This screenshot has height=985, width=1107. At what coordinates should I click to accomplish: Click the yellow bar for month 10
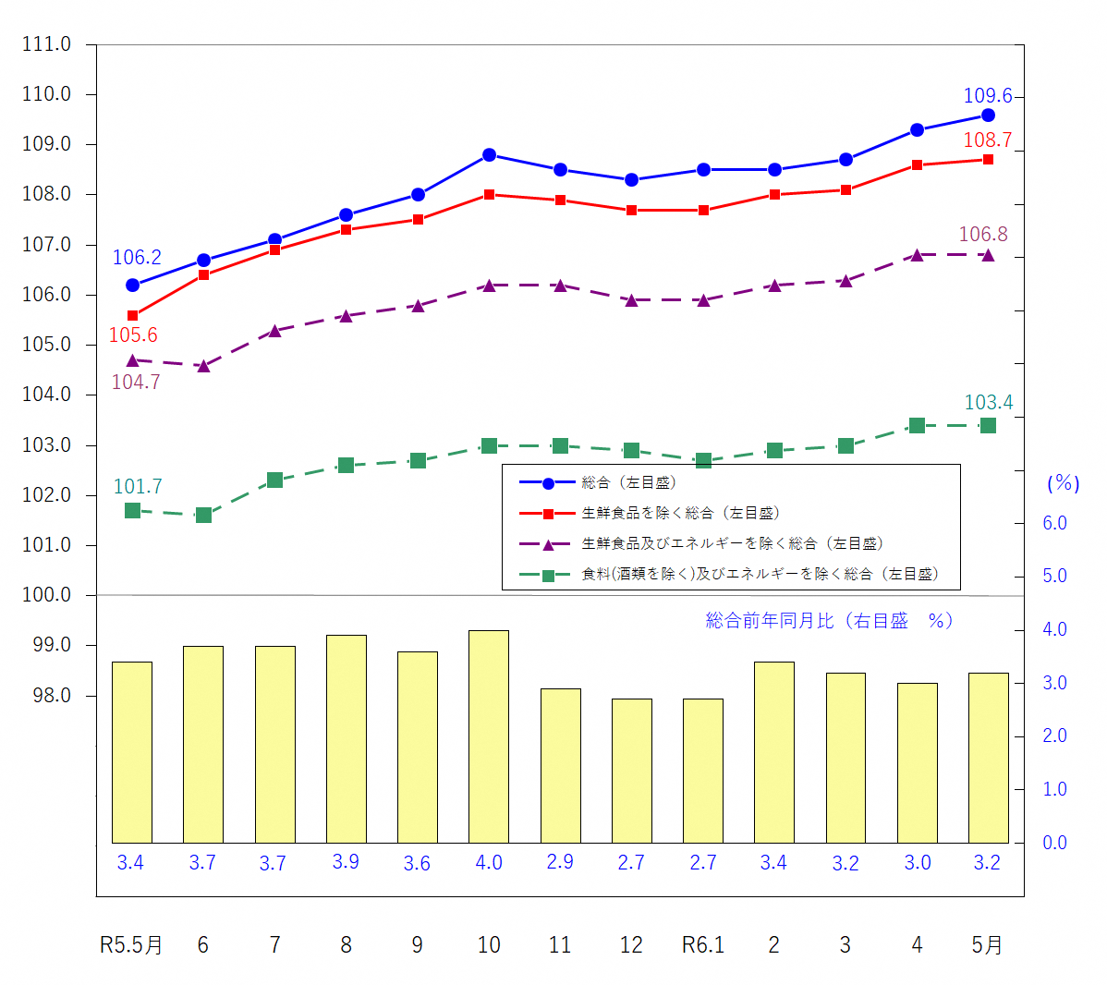[489, 736]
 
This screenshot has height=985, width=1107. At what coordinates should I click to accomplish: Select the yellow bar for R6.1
[703, 771]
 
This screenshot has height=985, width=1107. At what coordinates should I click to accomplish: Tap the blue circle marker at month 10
[489, 155]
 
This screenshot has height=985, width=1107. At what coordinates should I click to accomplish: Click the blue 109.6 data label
[988, 96]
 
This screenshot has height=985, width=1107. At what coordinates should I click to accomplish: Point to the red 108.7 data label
[988, 140]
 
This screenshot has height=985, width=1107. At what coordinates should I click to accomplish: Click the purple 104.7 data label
[136, 383]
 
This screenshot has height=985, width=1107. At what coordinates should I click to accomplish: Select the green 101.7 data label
[138, 487]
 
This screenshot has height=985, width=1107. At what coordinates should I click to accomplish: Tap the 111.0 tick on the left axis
[46, 44]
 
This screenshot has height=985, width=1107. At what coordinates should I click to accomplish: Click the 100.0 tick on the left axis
[46, 595]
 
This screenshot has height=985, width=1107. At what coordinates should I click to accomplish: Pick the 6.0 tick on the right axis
[1054, 523]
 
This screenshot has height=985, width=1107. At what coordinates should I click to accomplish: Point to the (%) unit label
[1063, 483]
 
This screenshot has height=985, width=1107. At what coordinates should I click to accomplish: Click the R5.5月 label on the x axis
[131, 945]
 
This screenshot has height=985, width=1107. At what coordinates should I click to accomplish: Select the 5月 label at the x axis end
[987, 945]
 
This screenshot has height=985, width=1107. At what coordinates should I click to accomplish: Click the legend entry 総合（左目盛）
[628, 482]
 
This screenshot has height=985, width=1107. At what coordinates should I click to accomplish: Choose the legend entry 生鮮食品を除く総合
[680, 513]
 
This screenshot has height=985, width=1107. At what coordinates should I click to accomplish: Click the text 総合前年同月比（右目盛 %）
[829, 621]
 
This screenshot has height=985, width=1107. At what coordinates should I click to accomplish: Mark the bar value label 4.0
[489, 863]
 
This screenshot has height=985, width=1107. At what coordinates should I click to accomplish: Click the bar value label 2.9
[560, 862]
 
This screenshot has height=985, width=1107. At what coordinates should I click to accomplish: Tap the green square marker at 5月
[988, 426]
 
